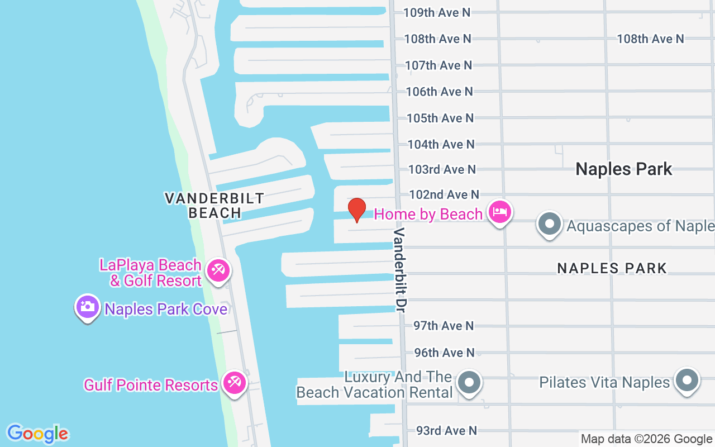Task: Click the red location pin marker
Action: point(356,210)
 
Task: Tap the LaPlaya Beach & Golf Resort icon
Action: point(217,272)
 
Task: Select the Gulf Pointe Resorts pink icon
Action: point(234,384)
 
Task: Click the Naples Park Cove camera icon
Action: point(87,307)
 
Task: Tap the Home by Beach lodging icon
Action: point(499,213)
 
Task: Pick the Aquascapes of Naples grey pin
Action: point(550,224)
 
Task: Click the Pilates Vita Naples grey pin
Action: point(687,381)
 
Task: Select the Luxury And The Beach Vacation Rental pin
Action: point(469,383)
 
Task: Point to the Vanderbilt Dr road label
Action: point(401,269)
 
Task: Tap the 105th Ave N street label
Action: point(440,118)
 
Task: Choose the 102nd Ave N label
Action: point(444,194)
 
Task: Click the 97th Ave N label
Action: point(444,326)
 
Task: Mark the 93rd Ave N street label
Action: point(446,431)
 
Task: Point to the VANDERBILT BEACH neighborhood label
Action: point(214,205)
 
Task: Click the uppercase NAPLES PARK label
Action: point(612,268)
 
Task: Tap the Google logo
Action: point(37,434)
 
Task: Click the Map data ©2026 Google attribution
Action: point(646,439)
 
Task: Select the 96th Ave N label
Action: point(444,353)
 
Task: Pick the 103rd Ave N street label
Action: point(442,169)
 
